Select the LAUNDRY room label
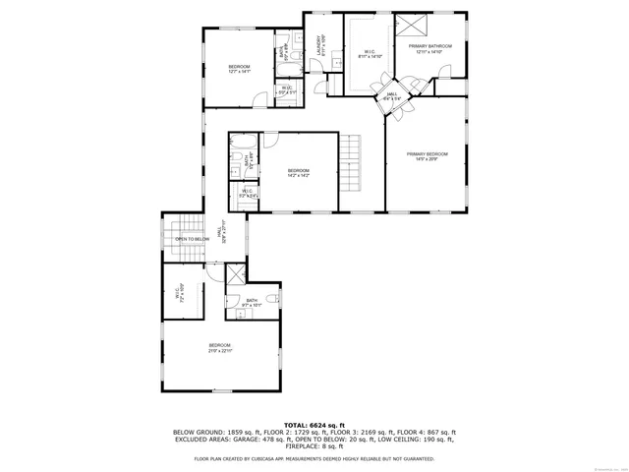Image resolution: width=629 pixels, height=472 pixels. coord(318,46)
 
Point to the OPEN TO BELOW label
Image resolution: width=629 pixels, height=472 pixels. coord(193,239)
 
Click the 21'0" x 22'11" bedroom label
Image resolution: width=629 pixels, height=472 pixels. coord(219,346)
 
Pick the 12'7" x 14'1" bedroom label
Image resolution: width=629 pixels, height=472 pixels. coord(240,68)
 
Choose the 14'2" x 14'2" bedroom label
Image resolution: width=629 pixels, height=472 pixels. coord(299,173)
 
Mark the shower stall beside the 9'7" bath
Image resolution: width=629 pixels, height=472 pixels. coord(236,276)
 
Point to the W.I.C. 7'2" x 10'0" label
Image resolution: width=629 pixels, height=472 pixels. coord(181,291)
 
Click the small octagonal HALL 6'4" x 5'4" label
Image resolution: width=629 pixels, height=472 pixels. coord(390,96)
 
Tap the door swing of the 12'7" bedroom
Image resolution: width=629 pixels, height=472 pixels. coord(259,99)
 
